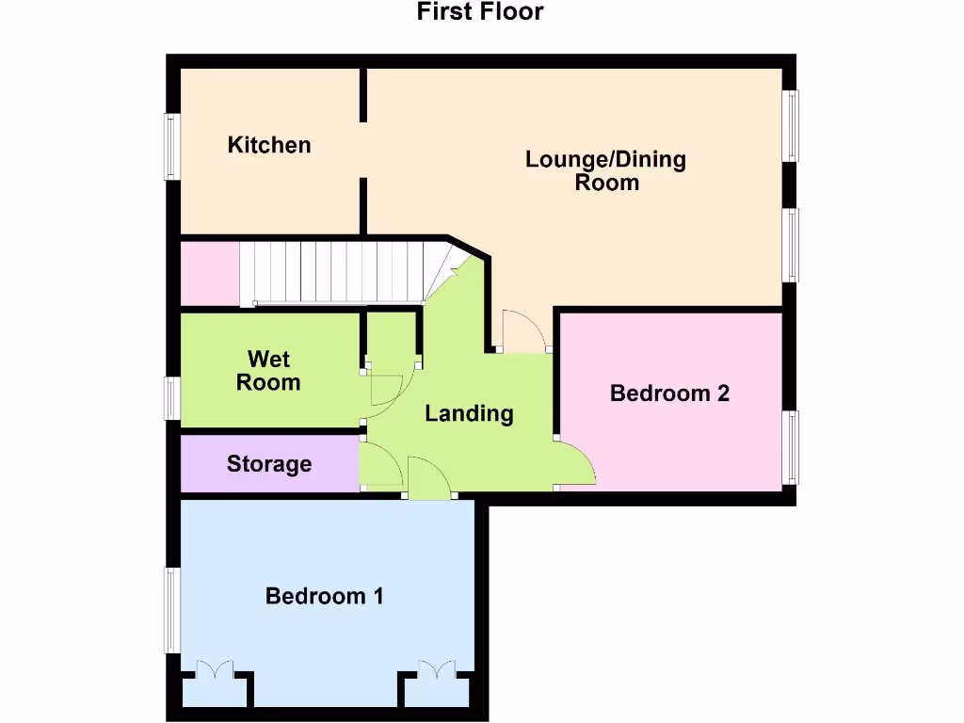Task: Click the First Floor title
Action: [x=480, y=12]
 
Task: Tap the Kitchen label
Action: [x=269, y=145]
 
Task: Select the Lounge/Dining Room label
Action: [x=605, y=170]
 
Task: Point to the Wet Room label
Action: [x=268, y=371]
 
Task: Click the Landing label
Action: [x=469, y=413]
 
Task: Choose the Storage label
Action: [x=269, y=464]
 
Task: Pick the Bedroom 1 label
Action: [x=324, y=596]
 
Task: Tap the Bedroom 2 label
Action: [x=669, y=394]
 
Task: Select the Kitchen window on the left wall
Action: [x=171, y=146]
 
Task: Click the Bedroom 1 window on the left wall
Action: [x=171, y=610]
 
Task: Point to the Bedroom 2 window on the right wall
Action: [x=793, y=448]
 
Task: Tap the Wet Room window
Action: [x=171, y=396]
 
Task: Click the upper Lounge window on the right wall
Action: [x=793, y=125]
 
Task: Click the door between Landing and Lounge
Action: [x=523, y=331]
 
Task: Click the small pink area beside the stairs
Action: [x=209, y=274]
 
